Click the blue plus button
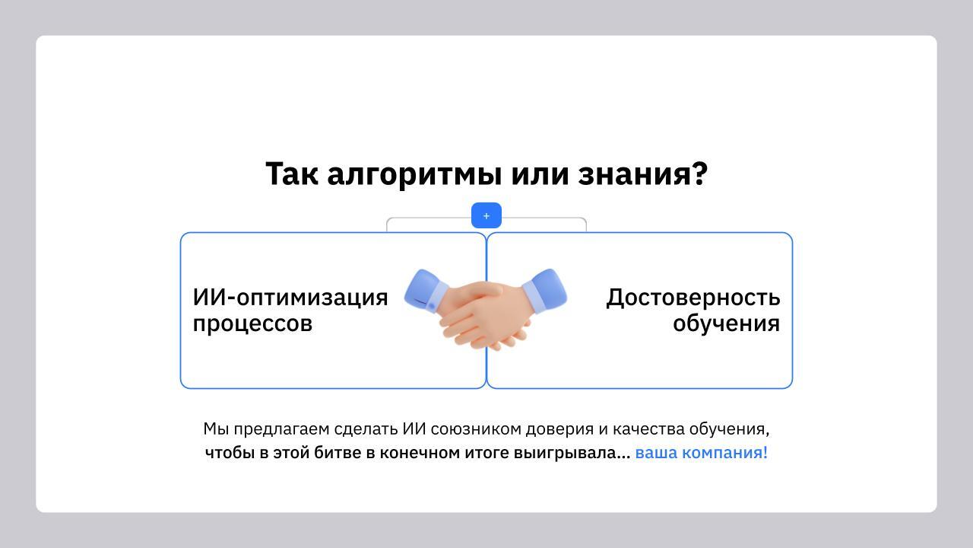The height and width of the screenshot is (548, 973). point(486,215)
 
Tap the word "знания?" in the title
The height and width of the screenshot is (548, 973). point(643,174)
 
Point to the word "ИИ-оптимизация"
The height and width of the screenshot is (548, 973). point(290,297)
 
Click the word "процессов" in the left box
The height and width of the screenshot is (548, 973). point(252,323)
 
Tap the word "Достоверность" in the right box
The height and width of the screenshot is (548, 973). point(693,297)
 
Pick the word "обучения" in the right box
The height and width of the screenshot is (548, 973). point(726,323)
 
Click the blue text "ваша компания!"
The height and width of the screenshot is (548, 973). point(701,453)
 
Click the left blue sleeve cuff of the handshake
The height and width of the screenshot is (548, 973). point(425,292)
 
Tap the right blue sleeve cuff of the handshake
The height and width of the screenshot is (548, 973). point(546,290)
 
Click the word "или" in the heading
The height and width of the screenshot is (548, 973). point(540,174)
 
